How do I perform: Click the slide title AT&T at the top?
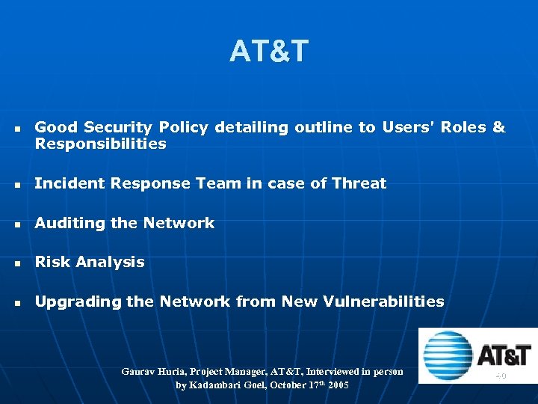point(269,52)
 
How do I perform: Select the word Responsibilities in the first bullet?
point(100,144)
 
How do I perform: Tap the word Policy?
point(183,128)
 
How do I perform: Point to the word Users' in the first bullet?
point(407,128)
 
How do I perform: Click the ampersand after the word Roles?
point(498,128)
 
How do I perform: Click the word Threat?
point(359,183)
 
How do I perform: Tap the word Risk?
point(52,263)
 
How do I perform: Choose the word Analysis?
point(110,263)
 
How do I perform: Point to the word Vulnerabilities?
point(383,302)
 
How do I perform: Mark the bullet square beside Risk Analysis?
point(17,263)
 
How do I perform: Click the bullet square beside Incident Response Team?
point(17,185)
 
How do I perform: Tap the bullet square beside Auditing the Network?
point(17,224)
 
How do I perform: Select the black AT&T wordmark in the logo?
point(504,355)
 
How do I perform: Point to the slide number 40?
point(500,376)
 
